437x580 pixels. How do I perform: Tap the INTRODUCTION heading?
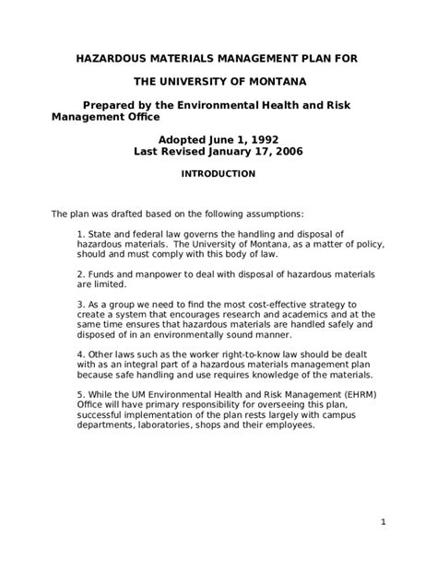(x=218, y=173)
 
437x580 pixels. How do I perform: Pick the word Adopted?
(x=188, y=138)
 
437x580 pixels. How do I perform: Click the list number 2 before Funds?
(x=81, y=276)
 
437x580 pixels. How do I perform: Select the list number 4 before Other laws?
(x=81, y=354)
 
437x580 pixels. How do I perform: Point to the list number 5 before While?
(x=81, y=393)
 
